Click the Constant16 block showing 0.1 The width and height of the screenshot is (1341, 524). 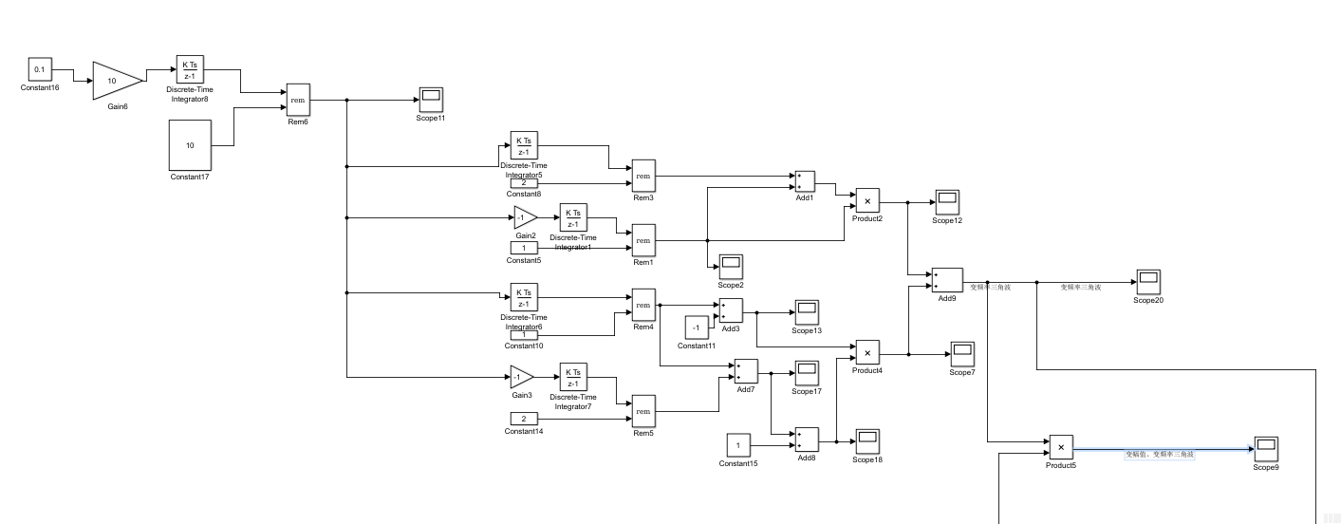tap(40, 69)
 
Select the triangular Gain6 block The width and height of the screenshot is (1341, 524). tap(115, 81)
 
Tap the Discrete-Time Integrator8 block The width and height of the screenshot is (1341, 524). tap(190, 70)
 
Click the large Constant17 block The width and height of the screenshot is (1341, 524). tap(190, 145)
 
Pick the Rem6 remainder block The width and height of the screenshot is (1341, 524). tap(298, 99)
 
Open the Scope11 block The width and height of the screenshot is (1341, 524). tap(430, 99)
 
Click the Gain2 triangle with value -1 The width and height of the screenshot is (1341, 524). tap(524, 217)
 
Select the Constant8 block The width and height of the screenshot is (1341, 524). tap(524, 183)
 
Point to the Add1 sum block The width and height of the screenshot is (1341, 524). tap(805, 181)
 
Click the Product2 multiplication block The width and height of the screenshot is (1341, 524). tap(867, 201)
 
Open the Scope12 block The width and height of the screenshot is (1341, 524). tap(947, 202)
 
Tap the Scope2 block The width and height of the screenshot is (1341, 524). tap(731, 266)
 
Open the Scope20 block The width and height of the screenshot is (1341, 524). tap(1148, 281)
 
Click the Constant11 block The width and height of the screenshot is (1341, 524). tap(697, 327)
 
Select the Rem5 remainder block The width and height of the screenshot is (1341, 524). tap(643, 411)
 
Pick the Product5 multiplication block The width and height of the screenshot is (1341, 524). tap(1061, 446)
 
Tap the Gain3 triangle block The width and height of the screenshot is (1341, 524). tap(521, 377)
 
